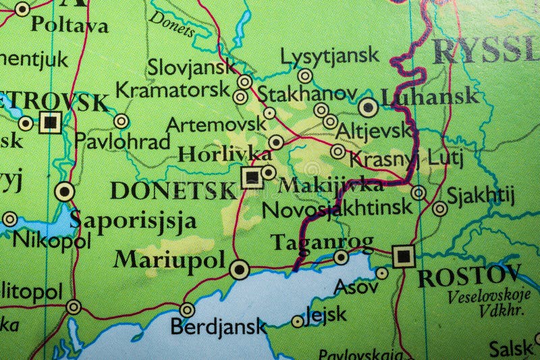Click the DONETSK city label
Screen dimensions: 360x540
tap(173, 190)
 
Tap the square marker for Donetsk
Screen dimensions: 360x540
tap(251, 177)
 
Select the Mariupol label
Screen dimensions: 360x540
tap(169, 259)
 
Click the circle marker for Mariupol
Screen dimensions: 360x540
tap(238, 269)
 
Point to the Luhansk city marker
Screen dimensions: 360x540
tap(368, 107)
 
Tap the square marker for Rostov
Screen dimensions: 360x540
tap(404, 256)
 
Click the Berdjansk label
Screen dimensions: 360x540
tap(218, 327)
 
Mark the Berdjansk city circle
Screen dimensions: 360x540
tap(187, 310)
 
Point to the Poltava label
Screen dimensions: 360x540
tap(70, 26)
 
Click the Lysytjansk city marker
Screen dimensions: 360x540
tap(305, 76)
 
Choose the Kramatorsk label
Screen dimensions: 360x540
tap(172, 90)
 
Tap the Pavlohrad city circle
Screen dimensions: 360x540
tap(121, 122)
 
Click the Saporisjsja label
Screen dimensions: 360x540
tap(133, 220)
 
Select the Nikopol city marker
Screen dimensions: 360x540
tap(9, 219)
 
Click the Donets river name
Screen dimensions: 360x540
tap(171, 24)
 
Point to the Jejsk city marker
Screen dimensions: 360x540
tap(298, 322)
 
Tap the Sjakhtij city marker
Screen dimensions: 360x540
tap(439, 209)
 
